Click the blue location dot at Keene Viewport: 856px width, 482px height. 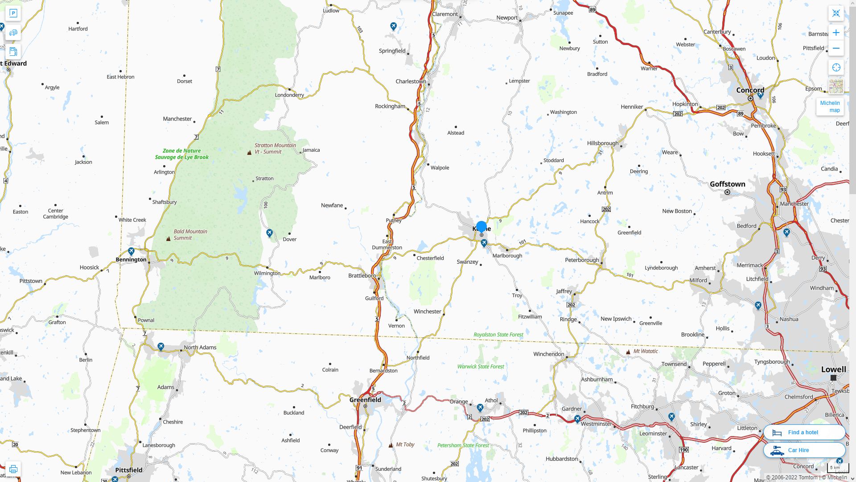click(481, 226)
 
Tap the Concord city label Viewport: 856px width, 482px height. click(750, 90)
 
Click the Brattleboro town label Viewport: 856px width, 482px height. click(362, 276)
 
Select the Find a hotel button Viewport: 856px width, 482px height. click(804, 432)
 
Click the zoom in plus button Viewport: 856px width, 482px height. click(836, 33)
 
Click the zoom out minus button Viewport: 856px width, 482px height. click(836, 48)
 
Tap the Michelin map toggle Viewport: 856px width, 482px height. click(830, 106)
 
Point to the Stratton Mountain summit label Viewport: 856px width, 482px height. click(275, 149)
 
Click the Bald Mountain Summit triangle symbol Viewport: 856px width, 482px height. click(168, 239)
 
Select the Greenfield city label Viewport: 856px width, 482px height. click(365, 400)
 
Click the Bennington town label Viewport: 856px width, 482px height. click(131, 260)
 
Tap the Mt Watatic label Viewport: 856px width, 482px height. click(645, 351)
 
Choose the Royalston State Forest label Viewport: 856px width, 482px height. click(498, 335)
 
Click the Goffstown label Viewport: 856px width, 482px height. click(727, 184)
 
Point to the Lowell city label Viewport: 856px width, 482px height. click(833, 370)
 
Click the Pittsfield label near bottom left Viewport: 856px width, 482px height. click(128, 470)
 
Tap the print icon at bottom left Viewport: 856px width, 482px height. click(13, 469)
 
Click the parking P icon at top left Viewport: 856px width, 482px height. click(13, 13)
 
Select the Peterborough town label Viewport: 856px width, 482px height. click(581, 260)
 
